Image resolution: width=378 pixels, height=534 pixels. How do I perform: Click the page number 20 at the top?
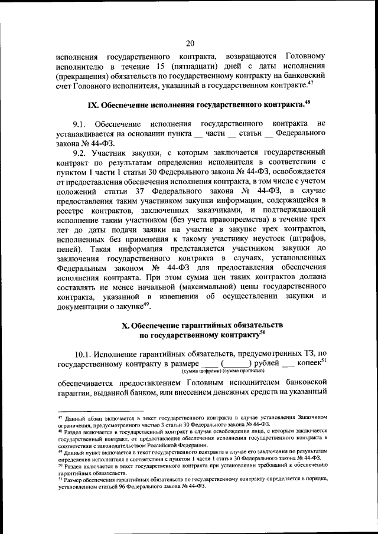point(190,42)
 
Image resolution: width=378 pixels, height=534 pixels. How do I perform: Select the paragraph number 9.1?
point(80,125)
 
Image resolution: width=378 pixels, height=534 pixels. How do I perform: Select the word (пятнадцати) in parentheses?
point(198,67)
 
